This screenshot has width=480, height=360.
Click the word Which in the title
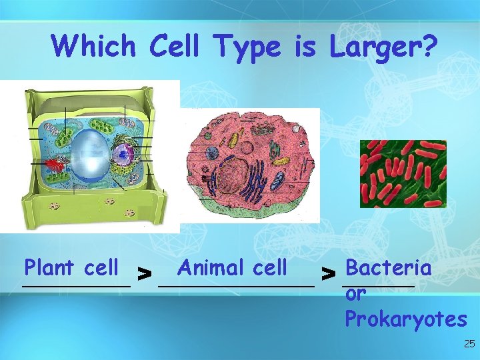pyautogui.click(x=94, y=46)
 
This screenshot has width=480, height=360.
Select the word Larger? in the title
pyautogui.click(x=383, y=46)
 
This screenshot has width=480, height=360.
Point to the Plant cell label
pyautogui.click(x=71, y=267)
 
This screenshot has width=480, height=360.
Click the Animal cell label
pyautogui.click(x=232, y=267)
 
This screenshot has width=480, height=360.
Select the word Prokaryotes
pyautogui.click(x=405, y=319)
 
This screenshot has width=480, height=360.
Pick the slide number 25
pyautogui.click(x=469, y=344)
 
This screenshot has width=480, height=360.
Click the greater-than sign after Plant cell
pyautogui.click(x=143, y=272)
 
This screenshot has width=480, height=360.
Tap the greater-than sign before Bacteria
pyautogui.click(x=327, y=272)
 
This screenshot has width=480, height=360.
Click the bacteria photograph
pyautogui.click(x=403, y=173)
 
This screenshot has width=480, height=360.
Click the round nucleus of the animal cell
pyautogui.click(x=231, y=175)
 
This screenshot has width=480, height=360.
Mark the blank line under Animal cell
pyautogui.click(x=236, y=285)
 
